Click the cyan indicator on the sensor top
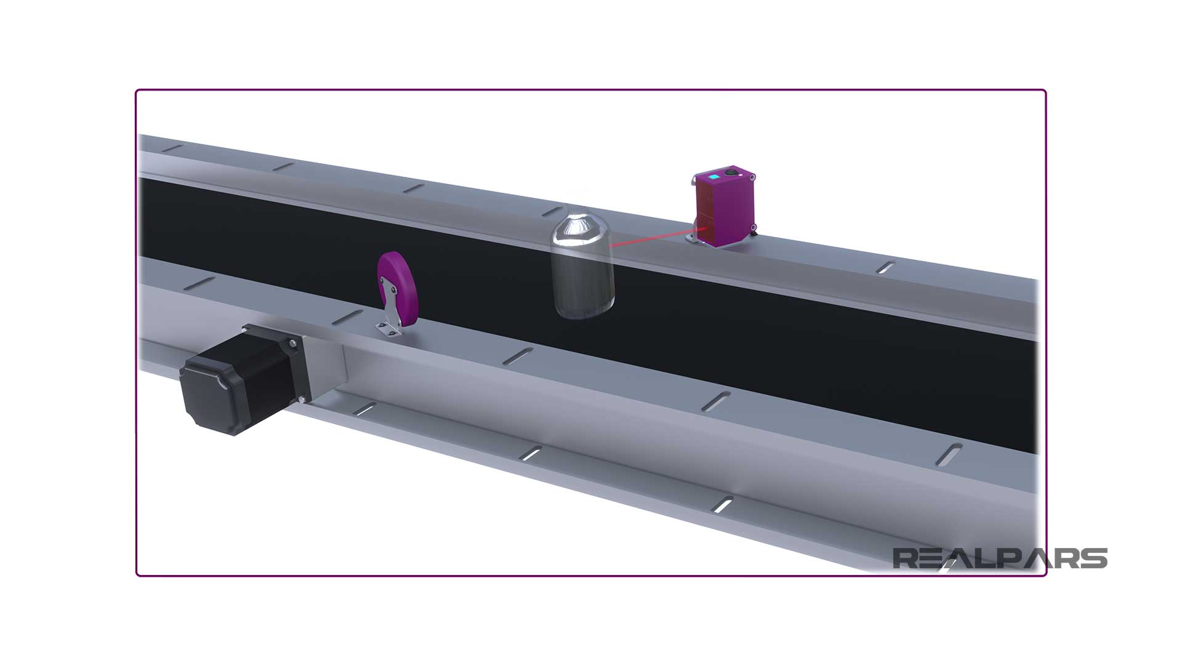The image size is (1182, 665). coord(713,178)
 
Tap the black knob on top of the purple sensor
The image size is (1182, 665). coord(731,174)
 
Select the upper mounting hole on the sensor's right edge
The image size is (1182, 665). coord(752,178)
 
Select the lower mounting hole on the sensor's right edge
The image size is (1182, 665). coord(753,228)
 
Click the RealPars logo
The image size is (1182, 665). coord(1000,558)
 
